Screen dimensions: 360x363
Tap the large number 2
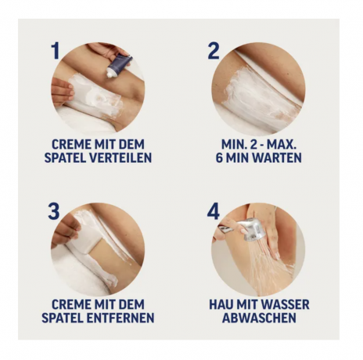pyautogui.click(x=213, y=52)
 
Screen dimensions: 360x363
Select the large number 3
pyautogui.click(x=54, y=212)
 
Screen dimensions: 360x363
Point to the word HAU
pyautogui.click(x=222, y=303)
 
